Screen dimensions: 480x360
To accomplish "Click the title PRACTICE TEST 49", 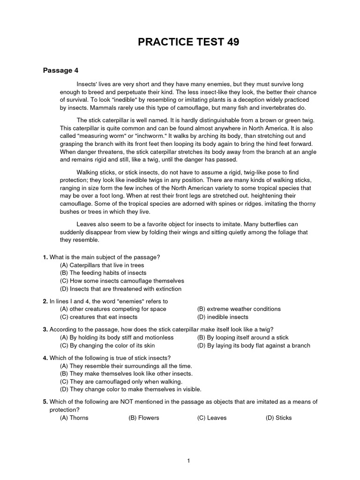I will point(188,42).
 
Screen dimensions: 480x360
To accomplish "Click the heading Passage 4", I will point(61,71).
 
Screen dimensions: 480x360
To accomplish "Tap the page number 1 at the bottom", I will point(188,448).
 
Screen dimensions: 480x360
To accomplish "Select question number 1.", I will point(45,257).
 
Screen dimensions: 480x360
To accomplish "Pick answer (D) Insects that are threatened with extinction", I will point(120,289).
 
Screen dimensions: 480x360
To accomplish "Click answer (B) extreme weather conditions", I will point(239,309).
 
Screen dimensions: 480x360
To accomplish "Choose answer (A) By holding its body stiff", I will point(117,337).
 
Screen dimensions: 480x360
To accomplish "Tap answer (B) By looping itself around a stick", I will point(243,337).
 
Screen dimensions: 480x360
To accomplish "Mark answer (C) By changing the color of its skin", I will point(112,346).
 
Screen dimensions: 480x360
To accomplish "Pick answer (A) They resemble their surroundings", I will point(126,366).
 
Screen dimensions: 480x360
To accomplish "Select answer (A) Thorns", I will point(74,418).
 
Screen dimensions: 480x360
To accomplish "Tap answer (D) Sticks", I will point(278,418).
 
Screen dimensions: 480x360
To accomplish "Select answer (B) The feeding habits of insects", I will point(103,273).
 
